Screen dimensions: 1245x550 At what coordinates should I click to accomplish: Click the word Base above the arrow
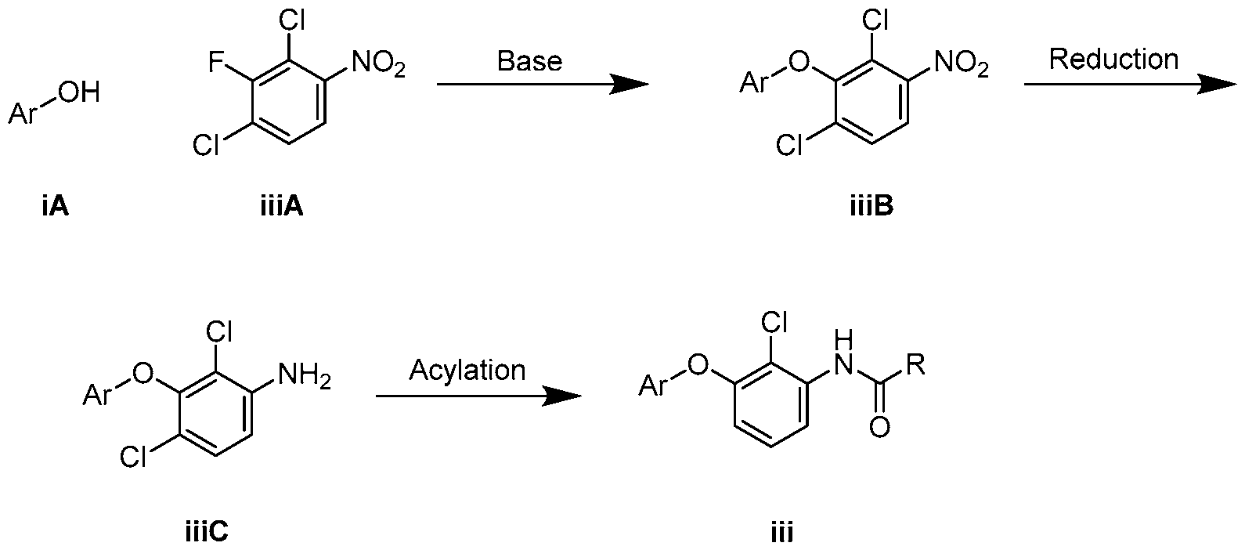tap(529, 60)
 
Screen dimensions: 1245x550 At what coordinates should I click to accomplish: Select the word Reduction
tap(1113, 59)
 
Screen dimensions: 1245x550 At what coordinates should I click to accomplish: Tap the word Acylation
tap(467, 371)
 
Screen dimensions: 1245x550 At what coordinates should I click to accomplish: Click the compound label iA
tap(55, 207)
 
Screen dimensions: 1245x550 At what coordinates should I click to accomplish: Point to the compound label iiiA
tap(282, 207)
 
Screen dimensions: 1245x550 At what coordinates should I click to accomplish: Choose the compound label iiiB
tap(871, 207)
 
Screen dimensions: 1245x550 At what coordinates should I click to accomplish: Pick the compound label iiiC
tap(207, 532)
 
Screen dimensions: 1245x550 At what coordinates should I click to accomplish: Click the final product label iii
tap(782, 532)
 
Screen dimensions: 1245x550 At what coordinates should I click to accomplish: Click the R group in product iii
tap(915, 365)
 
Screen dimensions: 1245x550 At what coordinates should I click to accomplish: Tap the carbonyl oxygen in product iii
tap(880, 427)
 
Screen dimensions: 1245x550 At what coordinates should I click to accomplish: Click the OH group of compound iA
tap(78, 92)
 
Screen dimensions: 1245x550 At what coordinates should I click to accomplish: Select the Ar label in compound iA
tap(22, 114)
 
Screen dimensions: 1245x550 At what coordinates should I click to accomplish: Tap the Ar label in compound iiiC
tap(96, 396)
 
